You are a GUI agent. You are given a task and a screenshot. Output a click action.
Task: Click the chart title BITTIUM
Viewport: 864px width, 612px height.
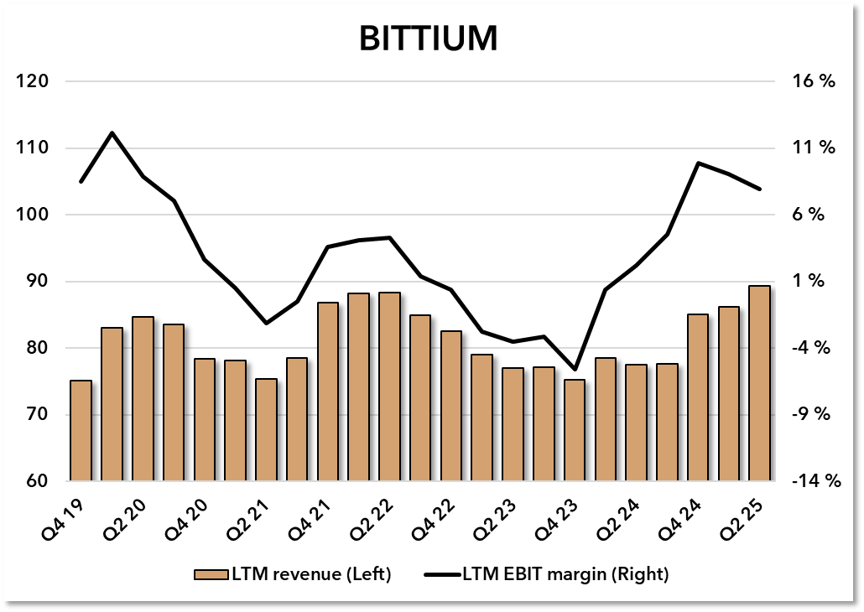(429, 39)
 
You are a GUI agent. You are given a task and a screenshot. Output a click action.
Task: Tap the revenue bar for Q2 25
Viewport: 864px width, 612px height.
(759, 383)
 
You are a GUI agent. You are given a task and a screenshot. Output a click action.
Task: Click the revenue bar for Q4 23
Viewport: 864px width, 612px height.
(575, 430)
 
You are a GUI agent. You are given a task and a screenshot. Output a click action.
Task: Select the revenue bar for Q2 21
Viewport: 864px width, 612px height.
(266, 430)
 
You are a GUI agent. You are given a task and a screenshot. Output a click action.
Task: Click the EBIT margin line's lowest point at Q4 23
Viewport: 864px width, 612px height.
(575, 369)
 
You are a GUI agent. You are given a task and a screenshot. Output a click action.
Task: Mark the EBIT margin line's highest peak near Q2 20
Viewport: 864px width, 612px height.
(112, 133)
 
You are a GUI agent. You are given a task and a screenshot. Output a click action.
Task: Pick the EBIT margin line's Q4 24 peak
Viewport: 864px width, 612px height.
(698, 163)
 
